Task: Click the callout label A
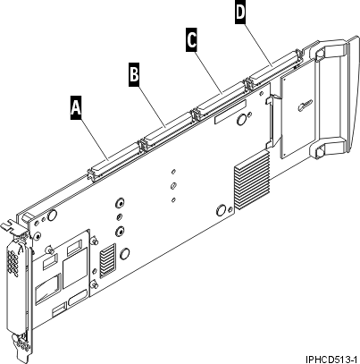(76, 107)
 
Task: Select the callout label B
(134, 74)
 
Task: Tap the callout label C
(192, 40)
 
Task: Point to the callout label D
(240, 12)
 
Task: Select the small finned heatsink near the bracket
(107, 260)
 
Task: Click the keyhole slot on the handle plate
(305, 106)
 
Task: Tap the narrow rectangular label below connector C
(230, 112)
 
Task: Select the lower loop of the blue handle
(328, 148)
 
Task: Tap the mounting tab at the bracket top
(10, 226)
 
